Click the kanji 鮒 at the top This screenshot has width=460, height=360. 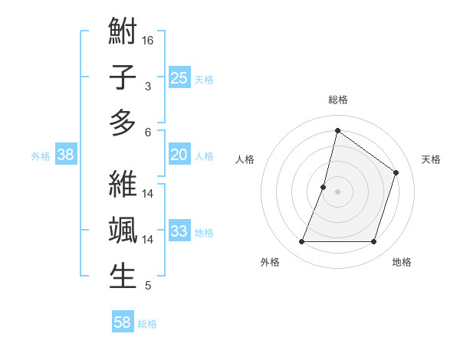click(x=123, y=32)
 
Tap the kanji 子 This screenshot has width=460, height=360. click(x=123, y=77)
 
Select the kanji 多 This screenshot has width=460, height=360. click(x=123, y=123)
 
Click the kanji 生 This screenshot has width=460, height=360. click(x=123, y=276)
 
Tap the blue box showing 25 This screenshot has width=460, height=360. click(x=179, y=77)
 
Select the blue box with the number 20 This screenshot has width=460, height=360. click(x=179, y=155)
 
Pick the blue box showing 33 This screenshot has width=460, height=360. click(x=179, y=231)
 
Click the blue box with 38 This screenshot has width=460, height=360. click(x=66, y=155)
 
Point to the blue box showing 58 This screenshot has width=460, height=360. click(x=123, y=322)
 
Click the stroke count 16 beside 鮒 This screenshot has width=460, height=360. click(x=149, y=40)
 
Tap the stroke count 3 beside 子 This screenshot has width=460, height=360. click(x=148, y=86)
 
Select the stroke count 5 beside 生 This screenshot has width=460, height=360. click(x=148, y=286)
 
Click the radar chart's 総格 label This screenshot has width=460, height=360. click(x=337, y=100)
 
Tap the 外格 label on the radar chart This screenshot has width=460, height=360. click(x=270, y=262)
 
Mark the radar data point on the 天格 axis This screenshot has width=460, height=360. click(x=396, y=172)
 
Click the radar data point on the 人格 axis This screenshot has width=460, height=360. click(x=324, y=187)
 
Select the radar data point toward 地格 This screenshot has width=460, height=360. click(x=373, y=242)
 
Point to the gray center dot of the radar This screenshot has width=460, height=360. click(x=337, y=191)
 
